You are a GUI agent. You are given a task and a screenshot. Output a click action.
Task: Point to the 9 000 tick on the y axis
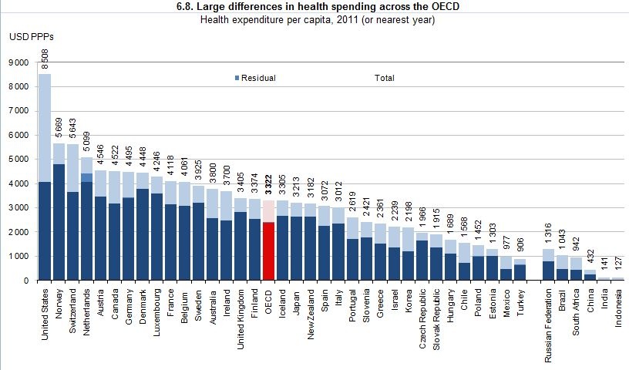(x=18, y=62)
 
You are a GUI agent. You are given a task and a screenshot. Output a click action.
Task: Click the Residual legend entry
(x=256, y=79)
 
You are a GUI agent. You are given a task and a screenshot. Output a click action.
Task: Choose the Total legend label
(x=384, y=79)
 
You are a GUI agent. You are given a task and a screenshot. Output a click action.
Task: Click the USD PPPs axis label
(x=32, y=36)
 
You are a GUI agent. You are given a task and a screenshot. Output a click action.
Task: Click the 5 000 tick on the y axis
(x=18, y=160)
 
